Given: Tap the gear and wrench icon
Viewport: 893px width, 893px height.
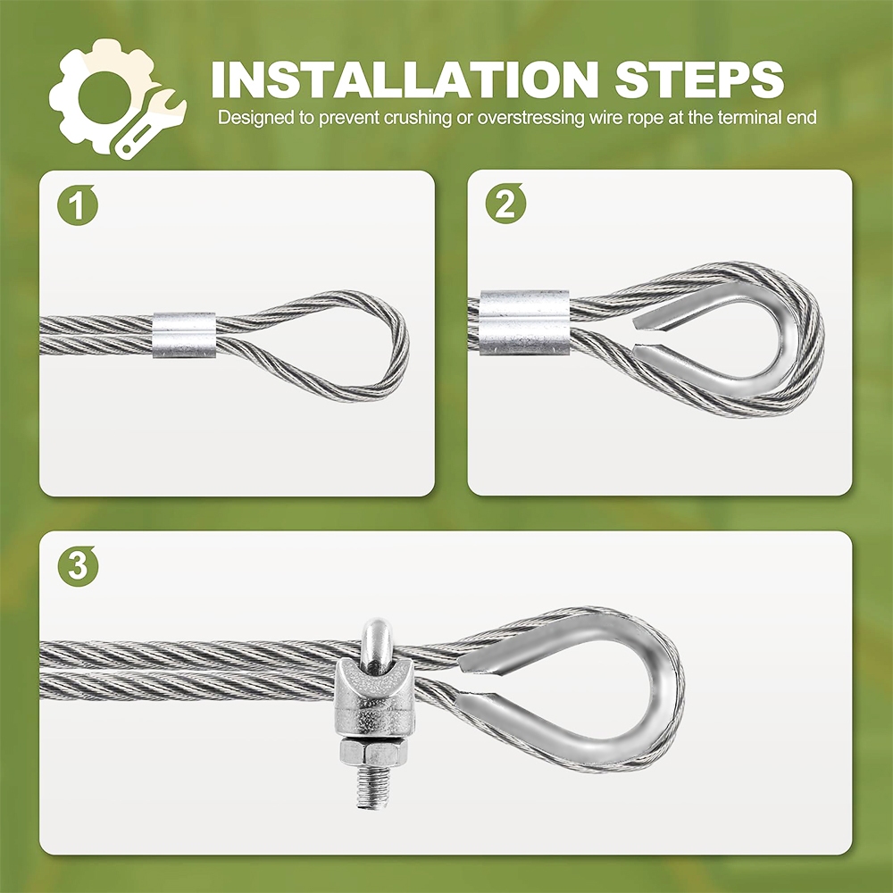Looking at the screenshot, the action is coord(117,98).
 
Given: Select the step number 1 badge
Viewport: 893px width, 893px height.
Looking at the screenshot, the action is coord(78,205).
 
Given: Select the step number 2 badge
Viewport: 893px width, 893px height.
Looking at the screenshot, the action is coord(505,204).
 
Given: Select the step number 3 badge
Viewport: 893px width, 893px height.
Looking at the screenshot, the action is coord(78,565).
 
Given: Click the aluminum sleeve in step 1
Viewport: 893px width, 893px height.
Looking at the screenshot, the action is coord(184,334).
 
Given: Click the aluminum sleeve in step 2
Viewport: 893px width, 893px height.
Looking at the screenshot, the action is coord(524,322).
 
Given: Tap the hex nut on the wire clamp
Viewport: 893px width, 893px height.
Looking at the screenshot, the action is coord(374,753).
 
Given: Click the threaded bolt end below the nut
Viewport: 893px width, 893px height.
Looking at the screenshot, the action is coord(373,789).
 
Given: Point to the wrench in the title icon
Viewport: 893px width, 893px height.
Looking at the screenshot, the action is coord(151,123).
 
